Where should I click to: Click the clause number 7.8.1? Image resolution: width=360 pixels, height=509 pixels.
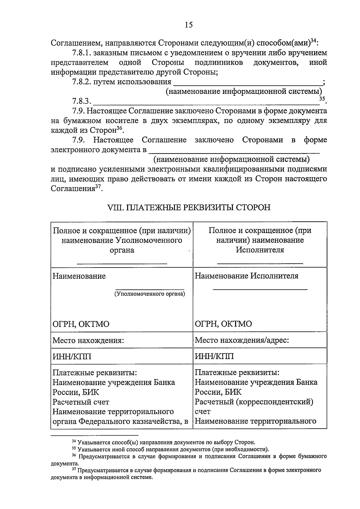point(81,53)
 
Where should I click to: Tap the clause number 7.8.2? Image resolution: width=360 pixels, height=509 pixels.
point(81,82)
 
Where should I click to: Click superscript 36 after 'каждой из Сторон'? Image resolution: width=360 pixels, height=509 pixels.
point(119,128)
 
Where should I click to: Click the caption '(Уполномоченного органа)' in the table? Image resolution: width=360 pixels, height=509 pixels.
point(149,294)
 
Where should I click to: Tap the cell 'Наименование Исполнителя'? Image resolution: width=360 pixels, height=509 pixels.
point(247,276)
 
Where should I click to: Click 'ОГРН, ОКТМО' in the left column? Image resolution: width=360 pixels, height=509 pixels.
point(81,324)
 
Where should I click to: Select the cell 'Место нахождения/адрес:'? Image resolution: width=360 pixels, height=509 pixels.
point(242,340)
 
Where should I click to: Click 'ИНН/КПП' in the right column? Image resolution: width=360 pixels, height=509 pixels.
point(214,357)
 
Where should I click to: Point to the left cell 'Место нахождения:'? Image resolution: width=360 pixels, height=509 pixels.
point(88,340)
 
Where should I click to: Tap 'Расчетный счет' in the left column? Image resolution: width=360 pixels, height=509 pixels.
point(81,402)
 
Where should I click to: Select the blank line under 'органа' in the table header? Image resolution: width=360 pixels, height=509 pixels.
point(122,264)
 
